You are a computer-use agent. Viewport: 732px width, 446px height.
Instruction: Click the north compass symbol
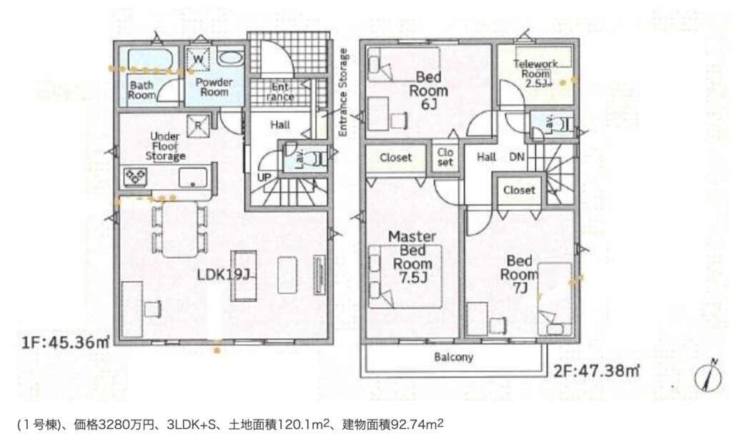(708, 375)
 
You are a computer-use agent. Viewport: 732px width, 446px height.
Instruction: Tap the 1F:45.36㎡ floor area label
(66, 343)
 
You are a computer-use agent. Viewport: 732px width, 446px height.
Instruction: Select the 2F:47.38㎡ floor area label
(597, 371)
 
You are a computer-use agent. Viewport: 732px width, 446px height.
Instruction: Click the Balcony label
(453, 357)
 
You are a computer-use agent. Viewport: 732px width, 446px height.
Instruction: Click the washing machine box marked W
(198, 59)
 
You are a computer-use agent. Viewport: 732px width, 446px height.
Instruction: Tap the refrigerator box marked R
(198, 126)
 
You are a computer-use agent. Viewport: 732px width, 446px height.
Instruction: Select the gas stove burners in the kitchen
(135, 177)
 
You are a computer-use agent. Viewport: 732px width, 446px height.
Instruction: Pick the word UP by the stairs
(264, 178)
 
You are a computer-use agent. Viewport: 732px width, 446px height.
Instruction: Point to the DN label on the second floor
(516, 157)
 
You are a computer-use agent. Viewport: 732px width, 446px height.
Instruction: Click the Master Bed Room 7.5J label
(412, 257)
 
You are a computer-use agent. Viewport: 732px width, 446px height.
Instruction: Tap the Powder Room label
(214, 87)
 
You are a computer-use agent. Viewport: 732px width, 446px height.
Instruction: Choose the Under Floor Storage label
(165, 146)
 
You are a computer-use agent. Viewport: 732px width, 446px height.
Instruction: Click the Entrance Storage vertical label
(343, 92)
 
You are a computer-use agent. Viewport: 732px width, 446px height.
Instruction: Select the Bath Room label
(142, 90)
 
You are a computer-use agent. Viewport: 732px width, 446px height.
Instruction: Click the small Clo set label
(445, 157)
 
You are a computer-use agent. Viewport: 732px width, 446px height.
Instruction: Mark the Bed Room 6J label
(428, 90)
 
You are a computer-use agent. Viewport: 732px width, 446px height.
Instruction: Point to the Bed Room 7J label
(519, 275)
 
